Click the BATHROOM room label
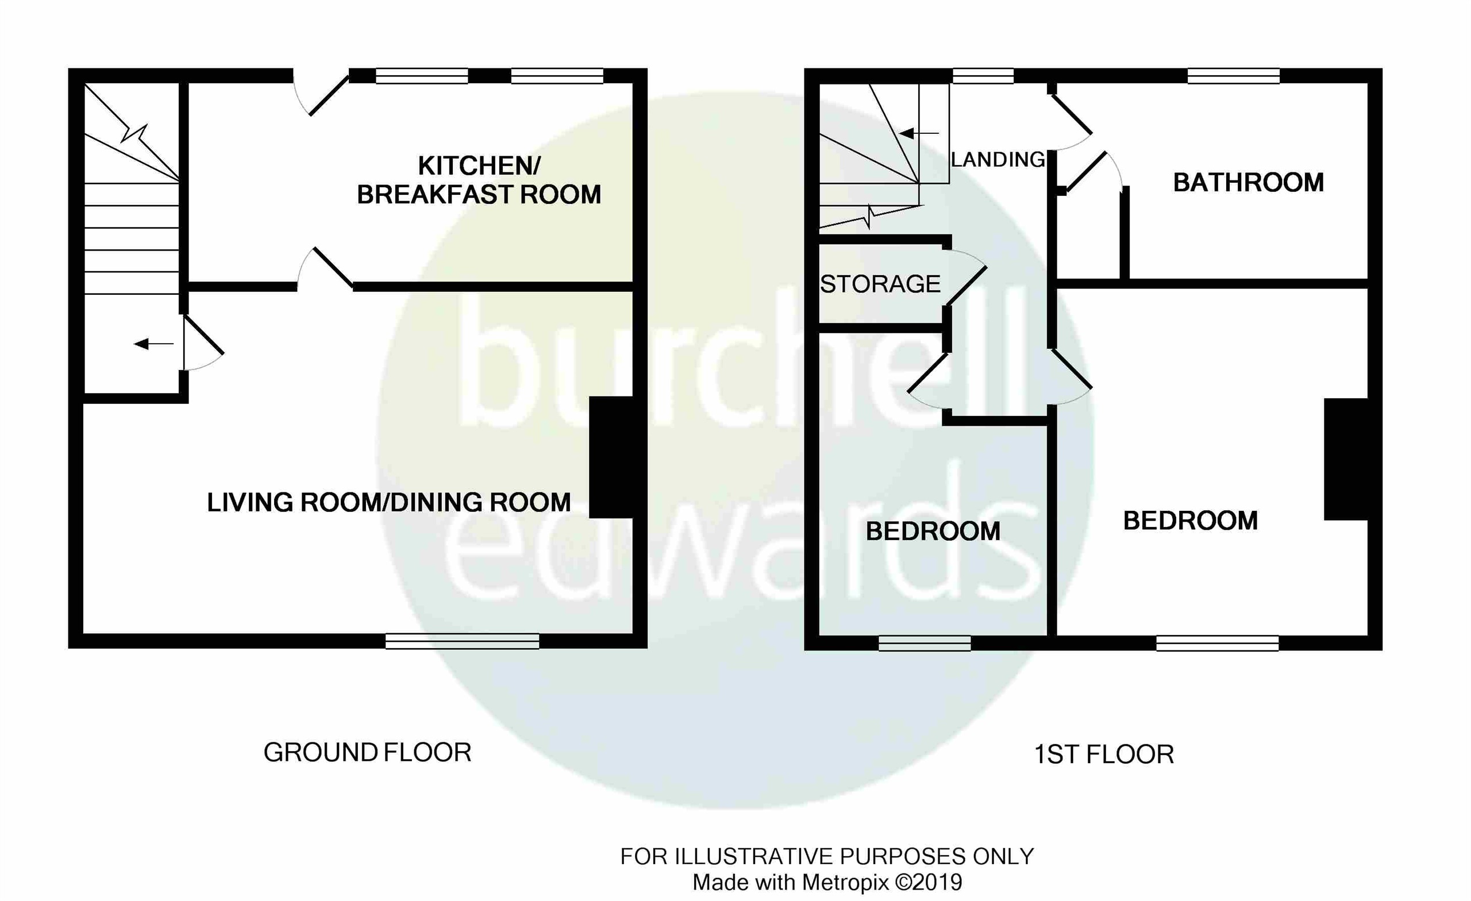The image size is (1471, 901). tap(1247, 182)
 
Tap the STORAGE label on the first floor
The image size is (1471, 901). tap(880, 284)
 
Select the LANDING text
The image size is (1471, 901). tap(998, 159)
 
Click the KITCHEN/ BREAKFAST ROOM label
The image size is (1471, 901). tap(479, 180)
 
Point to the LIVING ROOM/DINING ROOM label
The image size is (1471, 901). tap(388, 502)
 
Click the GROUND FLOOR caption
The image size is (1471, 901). tap(367, 752)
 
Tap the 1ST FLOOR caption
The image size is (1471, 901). tap(1104, 754)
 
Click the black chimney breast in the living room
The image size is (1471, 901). tap(611, 457)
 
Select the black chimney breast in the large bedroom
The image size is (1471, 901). tap(1346, 459)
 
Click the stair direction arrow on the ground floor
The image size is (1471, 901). tap(153, 344)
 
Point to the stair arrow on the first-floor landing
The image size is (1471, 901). tap(918, 133)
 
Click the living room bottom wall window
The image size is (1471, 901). tap(462, 641)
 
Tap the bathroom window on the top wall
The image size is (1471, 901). tap(1233, 76)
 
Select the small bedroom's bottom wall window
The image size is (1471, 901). tap(924, 643)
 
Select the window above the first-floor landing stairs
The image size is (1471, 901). tap(983, 76)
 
